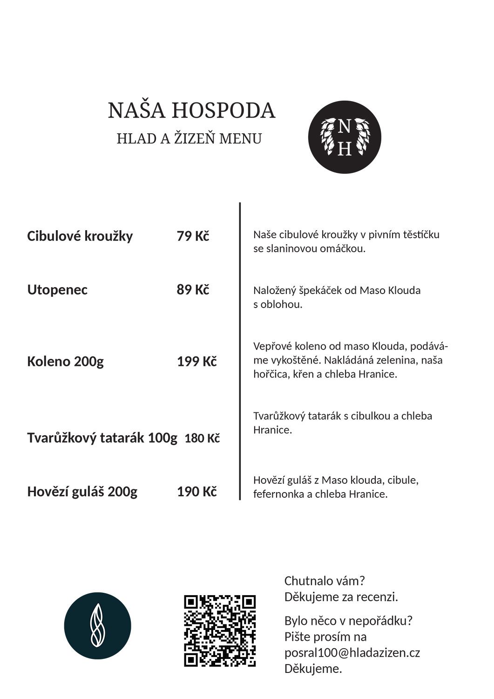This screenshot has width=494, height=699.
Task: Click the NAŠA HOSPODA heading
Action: [191, 111]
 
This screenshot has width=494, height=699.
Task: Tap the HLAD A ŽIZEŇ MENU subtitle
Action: [189, 139]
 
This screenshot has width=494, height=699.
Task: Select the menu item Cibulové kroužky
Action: [80, 236]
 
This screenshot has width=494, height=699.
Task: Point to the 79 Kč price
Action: [193, 236]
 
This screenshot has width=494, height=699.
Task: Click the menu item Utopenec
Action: [57, 290]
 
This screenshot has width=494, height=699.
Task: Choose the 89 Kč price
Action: [193, 290]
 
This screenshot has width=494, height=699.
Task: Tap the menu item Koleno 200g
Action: [65, 362]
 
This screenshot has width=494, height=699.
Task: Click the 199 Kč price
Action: [196, 362]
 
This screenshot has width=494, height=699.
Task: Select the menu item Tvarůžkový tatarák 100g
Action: [102, 438]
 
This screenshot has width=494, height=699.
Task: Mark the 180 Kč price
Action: [202, 439]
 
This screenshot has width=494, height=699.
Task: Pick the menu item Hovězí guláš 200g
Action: [82, 492]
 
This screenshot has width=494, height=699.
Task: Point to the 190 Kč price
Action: [196, 492]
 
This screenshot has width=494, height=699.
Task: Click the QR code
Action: [220, 630]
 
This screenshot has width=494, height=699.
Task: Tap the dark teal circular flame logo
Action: [98, 626]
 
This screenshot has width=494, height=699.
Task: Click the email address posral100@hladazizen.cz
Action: [352, 653]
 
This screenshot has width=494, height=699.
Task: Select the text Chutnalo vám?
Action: [325, 581]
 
